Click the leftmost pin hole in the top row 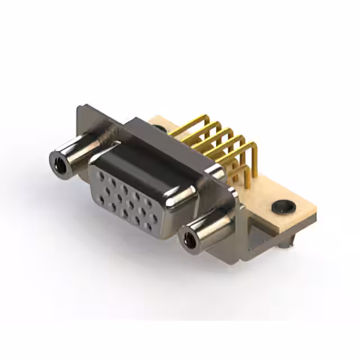click(101, 176)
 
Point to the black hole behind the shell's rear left click(159, 129)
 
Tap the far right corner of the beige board click(316, 210)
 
